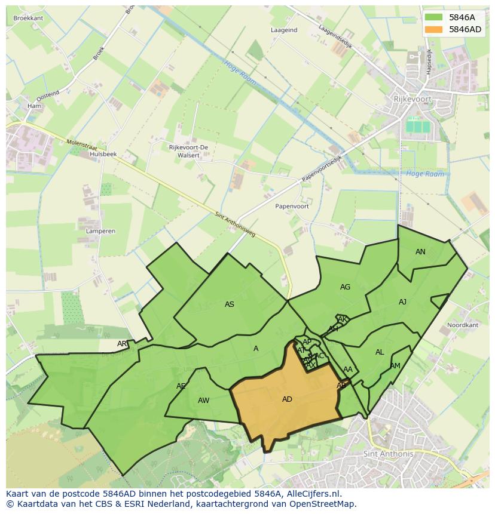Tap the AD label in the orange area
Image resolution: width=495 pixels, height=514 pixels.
[x=287, y=399]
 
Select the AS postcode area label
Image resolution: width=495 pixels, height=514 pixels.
[x=230, y=304]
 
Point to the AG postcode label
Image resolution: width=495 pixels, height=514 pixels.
[x=345, y=287]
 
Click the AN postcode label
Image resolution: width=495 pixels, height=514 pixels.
[x=420, y=252]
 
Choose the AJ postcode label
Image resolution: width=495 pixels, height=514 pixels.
[x=402, y=302]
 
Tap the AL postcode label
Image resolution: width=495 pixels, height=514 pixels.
[x=380, y=352]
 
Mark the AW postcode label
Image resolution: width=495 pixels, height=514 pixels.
[x=203, y=401]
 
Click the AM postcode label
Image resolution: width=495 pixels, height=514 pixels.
[x=395, y=366]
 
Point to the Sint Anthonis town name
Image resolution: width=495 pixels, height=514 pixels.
[x=388, y=454]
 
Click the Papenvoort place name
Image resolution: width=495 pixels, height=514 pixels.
[x=292, y=206]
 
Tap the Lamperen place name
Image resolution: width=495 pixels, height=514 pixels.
[x=100, y=230]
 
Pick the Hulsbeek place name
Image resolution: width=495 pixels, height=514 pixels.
[x=103, y=154]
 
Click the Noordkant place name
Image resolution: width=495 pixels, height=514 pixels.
[x=463, y=325]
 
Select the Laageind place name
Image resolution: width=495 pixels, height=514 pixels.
[x=284, y=30]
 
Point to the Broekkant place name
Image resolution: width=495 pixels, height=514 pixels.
[x=28, y=19]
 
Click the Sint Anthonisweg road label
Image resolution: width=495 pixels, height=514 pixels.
[x=235, y=224]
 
